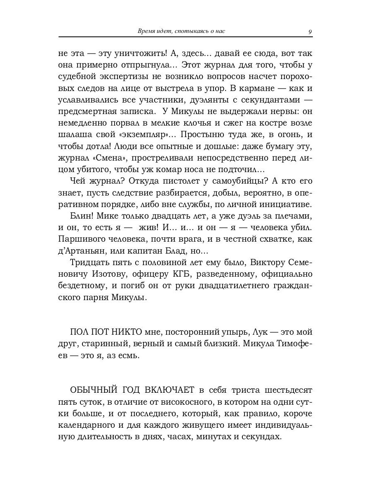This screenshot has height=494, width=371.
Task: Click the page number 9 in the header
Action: pyautogui.click(x=310, y=31)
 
